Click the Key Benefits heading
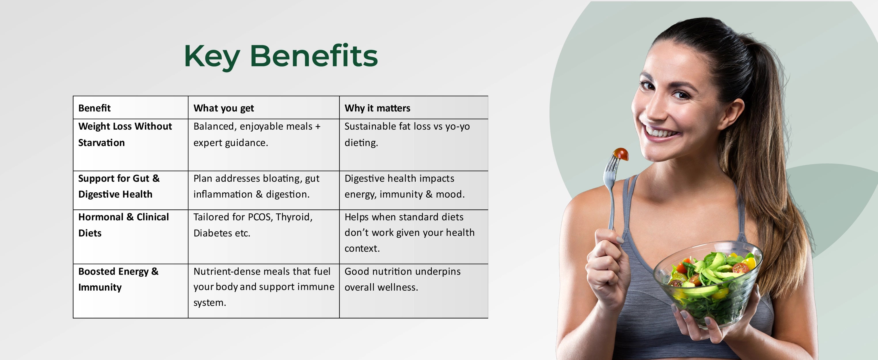281,56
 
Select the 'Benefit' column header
94,108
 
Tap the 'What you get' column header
224,108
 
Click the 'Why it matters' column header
377,108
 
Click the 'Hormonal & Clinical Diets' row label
123,225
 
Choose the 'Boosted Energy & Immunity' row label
118,279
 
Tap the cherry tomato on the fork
621,154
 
